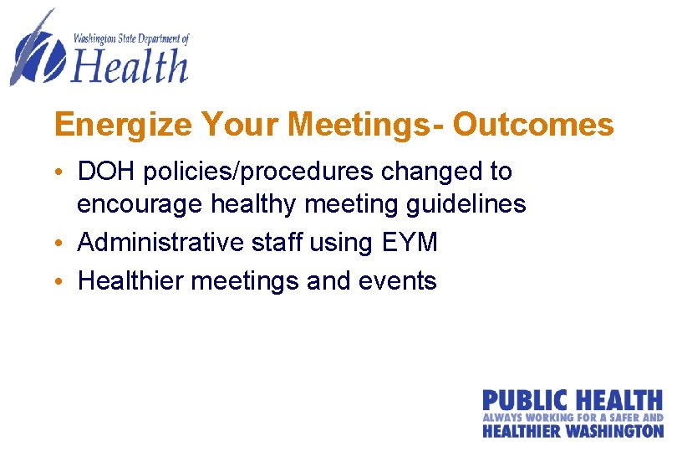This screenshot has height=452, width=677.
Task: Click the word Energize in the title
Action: click(x=123, y=126)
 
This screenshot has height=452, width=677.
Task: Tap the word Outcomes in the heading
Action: click(x=533, y=126)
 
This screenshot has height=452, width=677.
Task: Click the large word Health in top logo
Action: click(x=130, y=65)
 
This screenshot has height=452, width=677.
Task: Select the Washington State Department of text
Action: click(x=131, y=38)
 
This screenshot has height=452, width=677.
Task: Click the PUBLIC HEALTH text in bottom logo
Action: click(x=572, y=401)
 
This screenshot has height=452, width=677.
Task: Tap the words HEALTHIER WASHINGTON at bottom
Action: click(x=572, y=431)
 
